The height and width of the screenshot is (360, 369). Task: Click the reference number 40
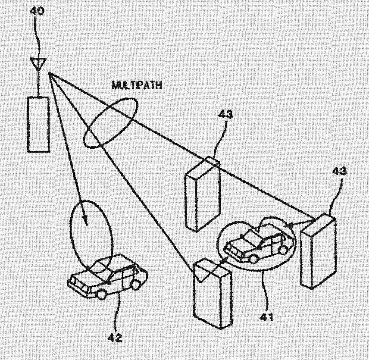pyautogui.click(x=36, y=11)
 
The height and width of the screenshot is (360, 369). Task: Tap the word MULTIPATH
pyautogui.click(x=137, y=85)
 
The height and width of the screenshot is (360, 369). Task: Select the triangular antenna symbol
pyautogui.click(x=38, y=65)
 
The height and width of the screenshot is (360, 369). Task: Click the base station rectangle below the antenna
pyautogui.click(x=38, y=124)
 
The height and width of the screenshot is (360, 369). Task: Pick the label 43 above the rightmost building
pyautogui.click(x=339, y=171)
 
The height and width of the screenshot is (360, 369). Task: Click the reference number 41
pyautogui.click(x=266, y=318)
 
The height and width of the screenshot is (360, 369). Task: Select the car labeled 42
pyautogui.click(x=108, y=278)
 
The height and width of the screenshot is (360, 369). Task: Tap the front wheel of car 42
pyautogui.click(x=102, y=294)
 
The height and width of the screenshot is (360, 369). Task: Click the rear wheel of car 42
pyautogui.click(x=136, y=284)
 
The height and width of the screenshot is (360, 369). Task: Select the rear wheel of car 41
pyautogui.click(x=283, y=249)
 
